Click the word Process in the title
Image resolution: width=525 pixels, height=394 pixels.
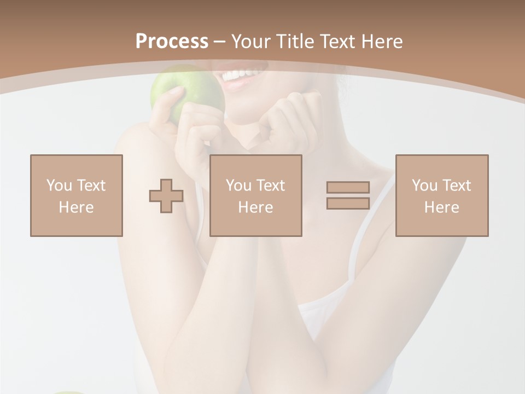172,42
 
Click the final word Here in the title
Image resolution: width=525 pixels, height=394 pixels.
382,42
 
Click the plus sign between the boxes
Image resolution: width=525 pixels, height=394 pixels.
166,196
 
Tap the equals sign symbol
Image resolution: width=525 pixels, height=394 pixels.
348,195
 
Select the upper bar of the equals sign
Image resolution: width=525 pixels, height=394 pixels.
348,188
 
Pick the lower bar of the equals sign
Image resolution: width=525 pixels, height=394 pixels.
348,203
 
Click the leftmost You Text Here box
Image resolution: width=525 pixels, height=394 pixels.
77,195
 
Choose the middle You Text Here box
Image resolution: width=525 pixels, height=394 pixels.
255,195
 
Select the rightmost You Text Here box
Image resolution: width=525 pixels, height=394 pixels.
441,195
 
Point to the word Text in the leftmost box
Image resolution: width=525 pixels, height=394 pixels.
91,186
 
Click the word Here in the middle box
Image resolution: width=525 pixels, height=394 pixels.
255,207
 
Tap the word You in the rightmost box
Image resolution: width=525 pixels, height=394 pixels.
424,186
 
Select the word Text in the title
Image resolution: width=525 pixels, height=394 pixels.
339,42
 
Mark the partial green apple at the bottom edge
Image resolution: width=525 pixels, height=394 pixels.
68,392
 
